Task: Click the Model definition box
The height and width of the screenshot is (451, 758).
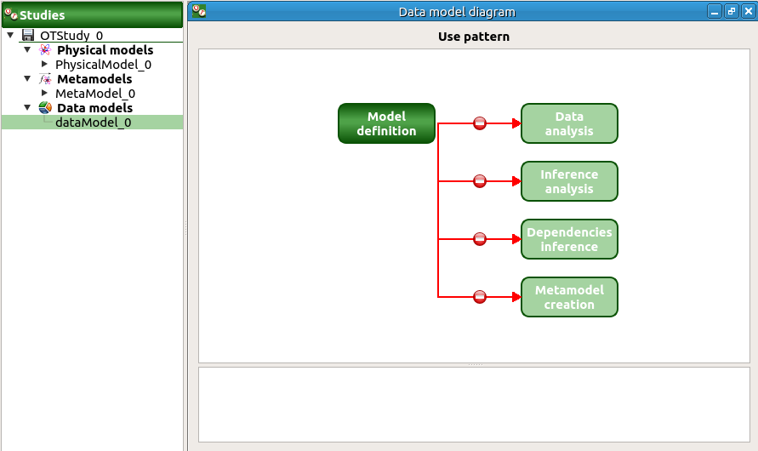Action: [386, 123]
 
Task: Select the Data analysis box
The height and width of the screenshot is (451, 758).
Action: [569, 123]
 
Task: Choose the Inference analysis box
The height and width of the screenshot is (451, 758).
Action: [569, 181]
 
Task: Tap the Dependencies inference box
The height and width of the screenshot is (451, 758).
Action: [569, 239]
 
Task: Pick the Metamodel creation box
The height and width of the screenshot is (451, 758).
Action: [569, 297]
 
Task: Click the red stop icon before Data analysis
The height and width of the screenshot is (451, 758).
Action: [480, 123]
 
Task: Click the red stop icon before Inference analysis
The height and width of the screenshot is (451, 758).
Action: [480, 181]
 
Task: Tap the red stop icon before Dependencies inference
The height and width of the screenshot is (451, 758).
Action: [480, 239]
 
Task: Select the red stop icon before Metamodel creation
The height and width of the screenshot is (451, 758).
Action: [480, 297]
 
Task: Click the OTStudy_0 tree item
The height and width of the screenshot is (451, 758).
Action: [71, 36]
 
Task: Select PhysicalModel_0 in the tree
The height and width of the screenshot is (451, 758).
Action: [103, 65]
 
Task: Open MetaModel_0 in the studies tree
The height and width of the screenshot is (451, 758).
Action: [95, 94]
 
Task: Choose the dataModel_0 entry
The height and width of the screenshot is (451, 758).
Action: [93, 123]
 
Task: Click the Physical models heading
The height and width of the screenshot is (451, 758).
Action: [105, 50]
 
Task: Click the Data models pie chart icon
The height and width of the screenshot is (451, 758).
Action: [45, 108]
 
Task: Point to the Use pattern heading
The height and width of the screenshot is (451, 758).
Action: [474, 37]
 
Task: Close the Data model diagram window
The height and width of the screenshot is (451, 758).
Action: [748, 12]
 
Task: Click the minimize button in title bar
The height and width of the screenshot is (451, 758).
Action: [715, 12]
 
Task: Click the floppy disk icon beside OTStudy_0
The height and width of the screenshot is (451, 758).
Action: [28, 36]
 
